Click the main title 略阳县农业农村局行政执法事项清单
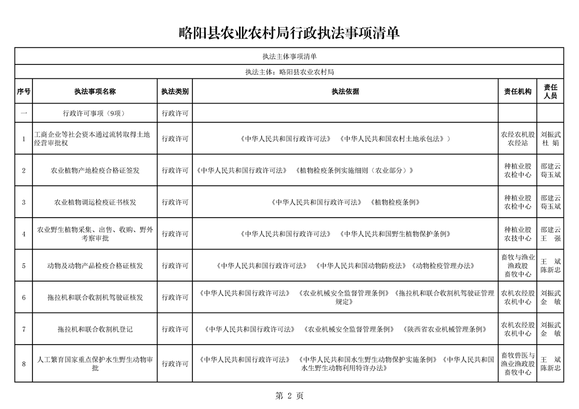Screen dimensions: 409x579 click(289, 33)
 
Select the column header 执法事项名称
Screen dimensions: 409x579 click(95, 91)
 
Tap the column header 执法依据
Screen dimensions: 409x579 click(345, 91)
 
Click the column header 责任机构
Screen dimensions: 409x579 click(518, 91)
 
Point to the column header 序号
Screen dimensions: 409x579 click(24, 91)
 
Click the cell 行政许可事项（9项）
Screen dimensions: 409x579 click(95, 113)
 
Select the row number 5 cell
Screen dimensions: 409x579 click(24, 266)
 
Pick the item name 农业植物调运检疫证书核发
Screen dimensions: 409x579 click(95, 202)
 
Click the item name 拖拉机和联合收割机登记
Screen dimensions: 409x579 click(95, 329)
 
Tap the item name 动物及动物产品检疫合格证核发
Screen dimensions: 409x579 click(95, 266)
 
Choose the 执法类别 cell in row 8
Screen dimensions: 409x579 click(175, 364)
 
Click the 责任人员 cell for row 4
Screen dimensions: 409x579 click(551, 234)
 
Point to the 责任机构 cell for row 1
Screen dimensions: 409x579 click(518, 139)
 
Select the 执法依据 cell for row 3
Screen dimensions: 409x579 click(345, 202)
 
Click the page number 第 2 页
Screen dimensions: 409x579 click(289, 396)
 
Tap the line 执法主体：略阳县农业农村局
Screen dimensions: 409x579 click(289, 72)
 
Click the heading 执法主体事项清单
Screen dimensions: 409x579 click(289, 56)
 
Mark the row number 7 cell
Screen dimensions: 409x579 click(24, 329)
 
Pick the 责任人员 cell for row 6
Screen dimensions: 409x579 click(551, 298)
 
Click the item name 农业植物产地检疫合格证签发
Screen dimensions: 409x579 click(95, 170)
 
